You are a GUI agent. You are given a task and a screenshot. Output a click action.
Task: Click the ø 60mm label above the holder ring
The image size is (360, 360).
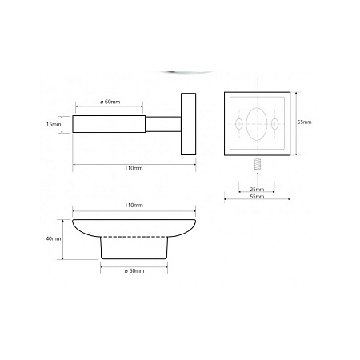pyautogui.click(x=110, y=102)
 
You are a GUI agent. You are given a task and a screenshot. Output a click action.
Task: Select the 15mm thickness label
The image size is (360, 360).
pyautogui.click(x=54, y=124)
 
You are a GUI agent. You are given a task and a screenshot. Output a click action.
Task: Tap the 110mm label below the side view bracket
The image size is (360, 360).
pyautogui.click(x=134, y=168)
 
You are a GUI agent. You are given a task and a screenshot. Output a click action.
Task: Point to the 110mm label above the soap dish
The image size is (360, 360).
pyautogui.click(x=134, y=205)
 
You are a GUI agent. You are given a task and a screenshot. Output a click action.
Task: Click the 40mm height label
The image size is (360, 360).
pyautogui.click(x=54, y=238)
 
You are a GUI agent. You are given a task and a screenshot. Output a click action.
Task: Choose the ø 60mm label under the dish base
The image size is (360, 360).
pyautogui.click(x=134, y=270)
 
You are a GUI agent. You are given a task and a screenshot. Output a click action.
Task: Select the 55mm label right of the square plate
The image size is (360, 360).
pyautogui.click(x=304, y=122)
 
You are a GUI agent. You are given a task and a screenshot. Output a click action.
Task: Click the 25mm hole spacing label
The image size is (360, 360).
pyautogui.click(x=257, y=189)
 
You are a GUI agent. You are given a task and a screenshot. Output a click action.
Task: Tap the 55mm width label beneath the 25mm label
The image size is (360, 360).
pyautogui.click(x=257, y=196)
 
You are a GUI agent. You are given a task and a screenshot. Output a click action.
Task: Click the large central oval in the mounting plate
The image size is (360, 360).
pyautogui.click(x=257, y=124)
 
